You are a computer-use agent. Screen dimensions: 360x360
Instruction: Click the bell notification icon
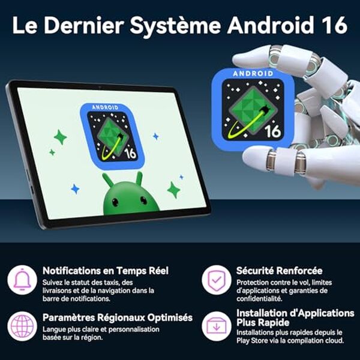pos(22,279)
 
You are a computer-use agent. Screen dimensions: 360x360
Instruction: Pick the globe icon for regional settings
pos(22,326)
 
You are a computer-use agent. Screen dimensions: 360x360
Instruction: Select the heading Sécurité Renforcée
pos(279,271)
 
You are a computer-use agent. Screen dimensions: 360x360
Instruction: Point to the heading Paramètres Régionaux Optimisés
pos(118,317)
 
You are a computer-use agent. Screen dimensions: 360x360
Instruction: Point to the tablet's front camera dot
pos(99,86)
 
